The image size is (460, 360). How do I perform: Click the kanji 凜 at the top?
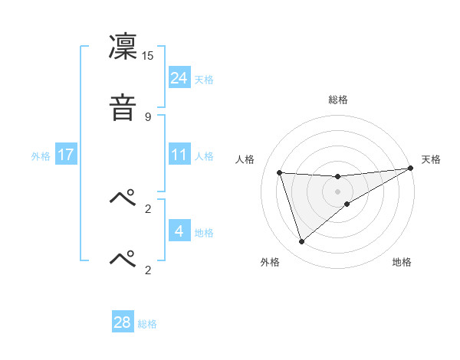pyautogui.click(x=123, y=48)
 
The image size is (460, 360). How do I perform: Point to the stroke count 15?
pyautogui.click(x=148, y=56)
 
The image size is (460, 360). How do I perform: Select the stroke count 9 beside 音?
pyautogui.click(x=148, y=116)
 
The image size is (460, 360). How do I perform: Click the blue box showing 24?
pyautogui.click(x=179, y=78)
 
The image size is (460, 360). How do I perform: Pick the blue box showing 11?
pyautogui.click(x=179, y=155)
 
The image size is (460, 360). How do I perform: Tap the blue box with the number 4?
pyautogui.click(x=179, y=231)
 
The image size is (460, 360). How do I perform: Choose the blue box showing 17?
pyautogui.click(x=66, y=155)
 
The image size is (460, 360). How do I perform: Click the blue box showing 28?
pyautogui.click(x=123, y=322)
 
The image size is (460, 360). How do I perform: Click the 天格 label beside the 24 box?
pyautogui.click(x=204, y=80)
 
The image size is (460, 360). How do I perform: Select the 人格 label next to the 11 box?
pyautogui.click(x=204, y=156)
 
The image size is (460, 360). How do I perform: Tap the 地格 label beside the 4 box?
pyautogui.click(x=204, y=233)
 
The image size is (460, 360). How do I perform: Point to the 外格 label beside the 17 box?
pyautogui.click(x=41, y=156)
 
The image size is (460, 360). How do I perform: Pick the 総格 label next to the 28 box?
pyautogui.click(x=147, y=324)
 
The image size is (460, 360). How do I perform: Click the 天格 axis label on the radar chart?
pyautogui.click(x=431, y=159)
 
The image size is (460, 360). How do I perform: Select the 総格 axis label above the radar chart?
pyautogui.click(x=338, y=100)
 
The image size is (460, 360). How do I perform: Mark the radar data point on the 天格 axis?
pyautogui.click(x=410, y=169)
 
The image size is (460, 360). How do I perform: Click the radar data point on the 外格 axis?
pyautogui.click(x=301, y=242)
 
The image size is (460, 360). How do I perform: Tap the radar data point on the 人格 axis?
pyautogui.click(x=280, y=172)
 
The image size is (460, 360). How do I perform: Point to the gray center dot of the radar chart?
pyautogui.click(x=338, y=191)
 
